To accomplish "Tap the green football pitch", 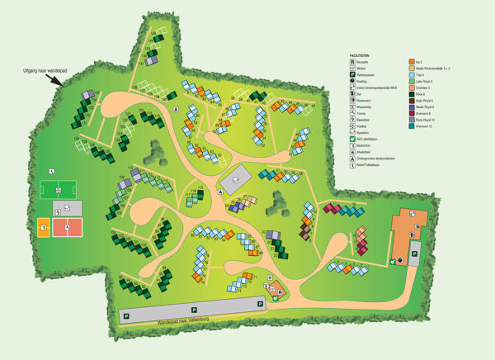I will coord(59,190).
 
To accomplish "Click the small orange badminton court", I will coord(43,227).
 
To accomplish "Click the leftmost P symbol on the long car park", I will coord(126,315).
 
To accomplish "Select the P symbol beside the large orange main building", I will coord(414,250).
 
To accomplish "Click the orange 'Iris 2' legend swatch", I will coord(411,62).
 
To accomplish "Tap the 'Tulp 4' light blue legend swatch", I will coord(411,74).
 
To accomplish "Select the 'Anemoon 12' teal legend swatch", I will coord(411,126).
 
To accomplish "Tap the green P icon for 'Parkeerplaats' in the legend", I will coord(353,74).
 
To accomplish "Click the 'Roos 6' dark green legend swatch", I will coord(411,93).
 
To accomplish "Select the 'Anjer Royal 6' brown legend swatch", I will coord(411,100).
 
